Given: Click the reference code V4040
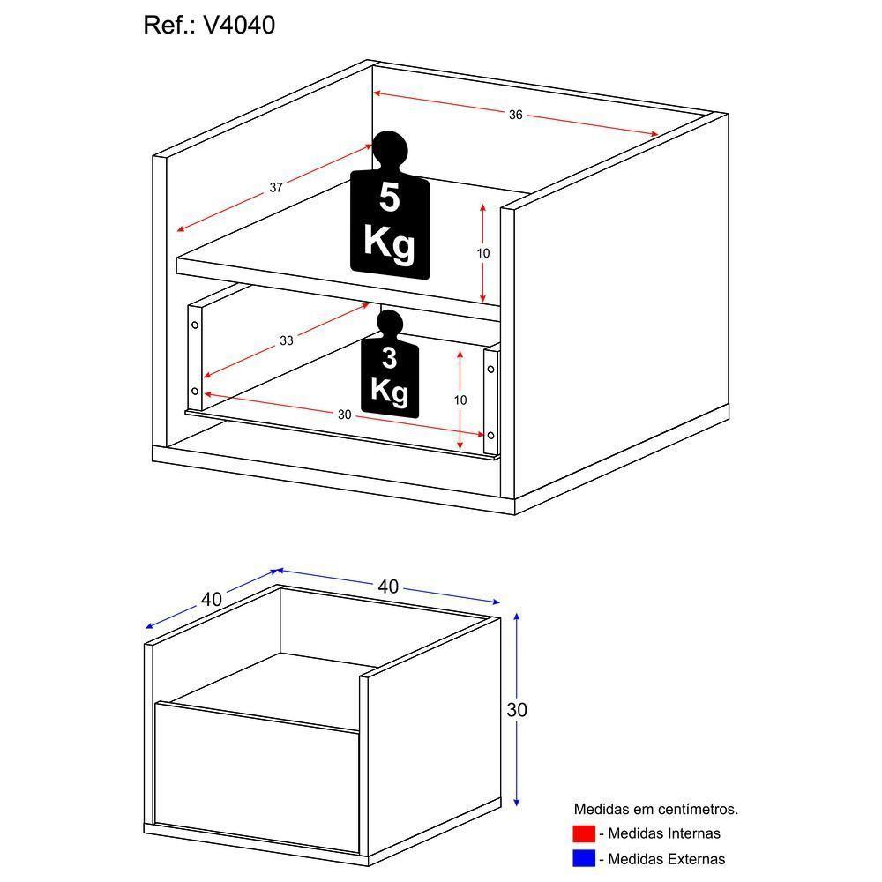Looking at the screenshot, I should coord(239,26).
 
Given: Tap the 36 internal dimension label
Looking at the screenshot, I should coord(516,114).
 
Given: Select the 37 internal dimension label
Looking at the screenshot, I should coord(276,187).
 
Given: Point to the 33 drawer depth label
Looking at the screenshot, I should coord(287,340).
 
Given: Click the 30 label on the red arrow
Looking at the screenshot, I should coord(344,414).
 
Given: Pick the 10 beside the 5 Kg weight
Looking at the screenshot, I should coord(483,253).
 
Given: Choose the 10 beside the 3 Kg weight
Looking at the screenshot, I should coord(460,400).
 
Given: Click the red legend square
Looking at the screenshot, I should coord(583,833).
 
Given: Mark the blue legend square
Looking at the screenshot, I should coord(583,858).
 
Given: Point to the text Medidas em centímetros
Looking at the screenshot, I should coord(655,808).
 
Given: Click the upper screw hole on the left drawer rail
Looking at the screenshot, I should coord(195,324).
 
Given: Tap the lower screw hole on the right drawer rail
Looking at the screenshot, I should coord(490,434).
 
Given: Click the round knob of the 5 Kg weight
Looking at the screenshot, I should coord(389,149).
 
